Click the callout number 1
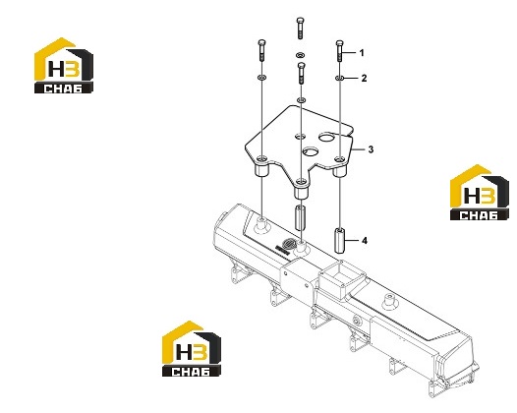tap(362, 53)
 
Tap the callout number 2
tap(364, 79)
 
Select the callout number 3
tap(371, 149)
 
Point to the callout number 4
tap(365, 241)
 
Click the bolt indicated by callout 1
tap(340, 51)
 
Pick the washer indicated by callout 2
tap(340, 79)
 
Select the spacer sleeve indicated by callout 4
tap(340, 240)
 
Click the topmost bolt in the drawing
tap(300, 29)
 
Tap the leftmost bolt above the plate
tap(261, 50)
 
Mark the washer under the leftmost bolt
tap(261, 78)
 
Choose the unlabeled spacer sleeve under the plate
tap(301, 217)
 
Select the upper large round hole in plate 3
tap(326, 137)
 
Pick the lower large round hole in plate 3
tap(311, 151)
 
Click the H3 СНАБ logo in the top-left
tap(64, 65)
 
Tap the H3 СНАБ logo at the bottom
tap(191, 349)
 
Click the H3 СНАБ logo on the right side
tap(479, 193)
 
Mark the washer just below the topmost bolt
tap(300, 54)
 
